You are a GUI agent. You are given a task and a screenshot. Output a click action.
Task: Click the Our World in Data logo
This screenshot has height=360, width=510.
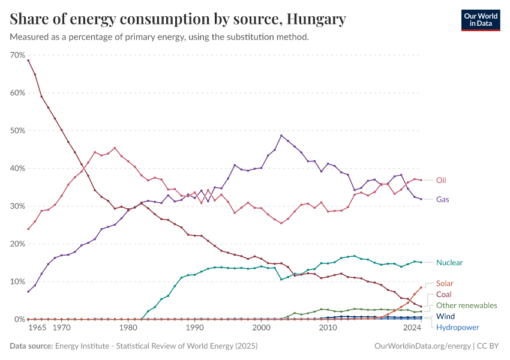[x=480, y=20]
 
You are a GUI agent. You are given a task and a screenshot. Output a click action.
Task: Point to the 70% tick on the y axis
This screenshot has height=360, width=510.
[x=17, y=55]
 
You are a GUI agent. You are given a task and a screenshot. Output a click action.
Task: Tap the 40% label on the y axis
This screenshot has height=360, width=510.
[x=17, y=169]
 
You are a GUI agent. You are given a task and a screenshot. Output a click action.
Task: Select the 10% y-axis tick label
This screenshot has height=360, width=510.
[x=17, y=282]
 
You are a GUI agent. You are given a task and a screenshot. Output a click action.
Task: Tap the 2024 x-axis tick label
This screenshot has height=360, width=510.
[x=412, y=328]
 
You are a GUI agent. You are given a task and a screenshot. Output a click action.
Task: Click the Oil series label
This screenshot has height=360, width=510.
[x=441, y=180]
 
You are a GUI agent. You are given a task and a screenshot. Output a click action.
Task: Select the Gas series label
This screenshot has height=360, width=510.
[x=442, y=199]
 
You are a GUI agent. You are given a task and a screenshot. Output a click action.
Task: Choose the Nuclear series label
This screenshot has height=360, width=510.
[x=449, y=263]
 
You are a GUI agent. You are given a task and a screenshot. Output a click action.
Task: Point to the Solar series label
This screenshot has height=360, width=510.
[x=445, y=283]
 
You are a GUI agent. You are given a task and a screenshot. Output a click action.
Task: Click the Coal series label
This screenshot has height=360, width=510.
[x=444, y=295]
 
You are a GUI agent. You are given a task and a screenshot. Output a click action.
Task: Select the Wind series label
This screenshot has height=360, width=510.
[x=445, y=316]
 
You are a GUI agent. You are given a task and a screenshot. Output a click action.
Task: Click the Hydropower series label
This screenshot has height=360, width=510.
[x=457, y=327]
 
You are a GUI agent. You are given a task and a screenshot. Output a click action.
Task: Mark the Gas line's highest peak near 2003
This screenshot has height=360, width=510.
[x=281, y=135]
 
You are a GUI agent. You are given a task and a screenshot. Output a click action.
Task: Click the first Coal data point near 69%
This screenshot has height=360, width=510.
[x=28, y=60]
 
